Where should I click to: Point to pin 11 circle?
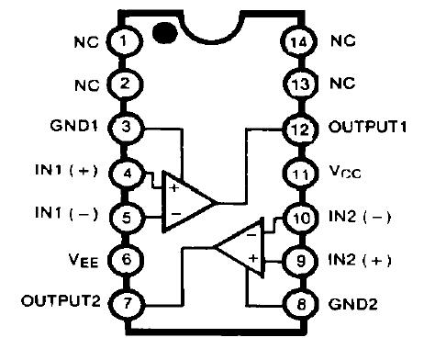click(296, 172)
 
